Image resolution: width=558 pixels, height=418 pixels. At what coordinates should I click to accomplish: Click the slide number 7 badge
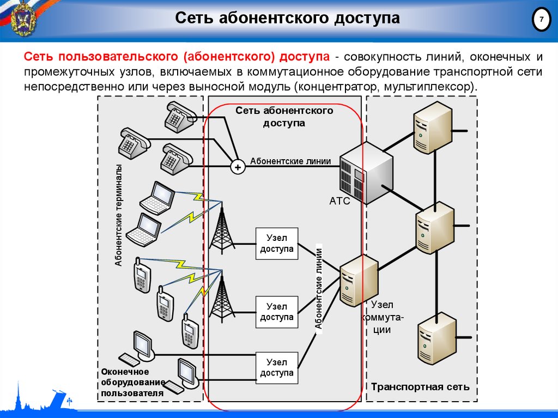click(x=541, y=21)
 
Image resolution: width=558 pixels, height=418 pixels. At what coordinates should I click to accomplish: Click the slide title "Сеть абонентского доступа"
click(x=287, y=19)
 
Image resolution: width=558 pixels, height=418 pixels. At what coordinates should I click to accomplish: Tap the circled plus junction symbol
click(x=237, y=167)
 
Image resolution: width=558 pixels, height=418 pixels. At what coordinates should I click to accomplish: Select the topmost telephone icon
click(x=179, y=116)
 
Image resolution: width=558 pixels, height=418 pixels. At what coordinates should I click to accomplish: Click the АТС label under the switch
click(x=339, y=201)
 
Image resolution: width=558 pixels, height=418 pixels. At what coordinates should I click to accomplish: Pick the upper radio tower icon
click(x=221, y=228)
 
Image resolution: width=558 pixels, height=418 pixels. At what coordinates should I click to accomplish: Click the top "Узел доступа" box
click(x=277, y=243)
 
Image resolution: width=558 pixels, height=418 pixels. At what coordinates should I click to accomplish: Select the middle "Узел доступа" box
click(x=277, y=312)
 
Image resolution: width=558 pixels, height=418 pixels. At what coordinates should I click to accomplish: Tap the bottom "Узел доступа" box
click(x=277, y=367)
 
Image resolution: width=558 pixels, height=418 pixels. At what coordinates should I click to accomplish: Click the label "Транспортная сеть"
click(x=420, y=387)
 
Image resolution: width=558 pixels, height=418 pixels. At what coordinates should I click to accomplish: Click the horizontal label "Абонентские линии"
click(x=290, y=161)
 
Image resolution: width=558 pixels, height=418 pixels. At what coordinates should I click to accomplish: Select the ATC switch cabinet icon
click(x=366, y=171)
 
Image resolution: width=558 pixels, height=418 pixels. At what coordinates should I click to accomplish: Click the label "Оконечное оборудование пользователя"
click(x=132, y=382)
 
